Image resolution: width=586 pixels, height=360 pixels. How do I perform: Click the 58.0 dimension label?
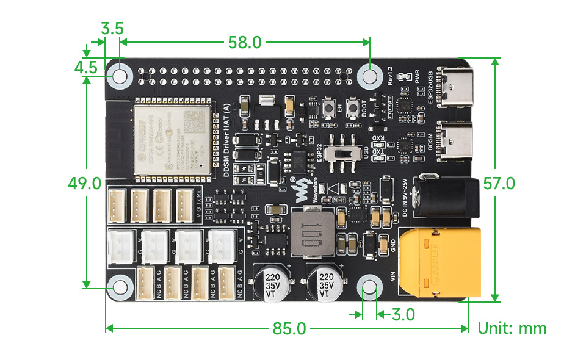pos(244,42)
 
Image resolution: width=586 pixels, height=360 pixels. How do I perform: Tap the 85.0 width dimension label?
pos(289,329)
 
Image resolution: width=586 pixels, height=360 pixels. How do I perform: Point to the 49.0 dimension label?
pos(84,183)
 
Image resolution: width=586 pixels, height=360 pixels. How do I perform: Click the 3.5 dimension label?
pos(112,28)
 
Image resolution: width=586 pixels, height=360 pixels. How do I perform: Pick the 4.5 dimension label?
pos(86,67)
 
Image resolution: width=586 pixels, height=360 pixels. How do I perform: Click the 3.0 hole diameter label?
pos(402,315)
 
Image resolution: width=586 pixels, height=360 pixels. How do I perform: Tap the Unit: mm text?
pos(512,328)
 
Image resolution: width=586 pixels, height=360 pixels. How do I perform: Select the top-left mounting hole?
pos(120,76)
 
